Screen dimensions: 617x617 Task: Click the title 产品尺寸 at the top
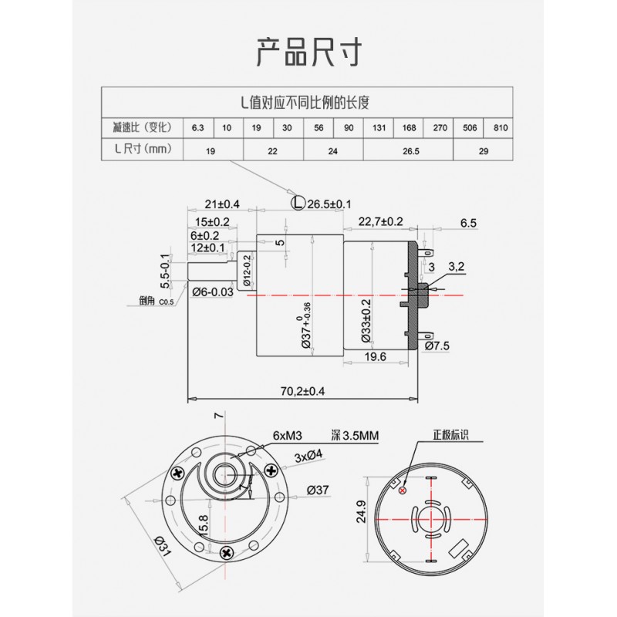(x=309, y=52)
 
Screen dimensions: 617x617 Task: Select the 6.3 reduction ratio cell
(x=198, y=128)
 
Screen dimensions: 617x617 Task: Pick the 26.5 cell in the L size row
(x=410, y=151)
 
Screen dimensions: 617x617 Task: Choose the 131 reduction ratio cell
(x=379, y=128)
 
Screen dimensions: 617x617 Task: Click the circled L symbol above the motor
(x=298, y=203)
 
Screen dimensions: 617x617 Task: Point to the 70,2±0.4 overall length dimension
(x=302, y=391)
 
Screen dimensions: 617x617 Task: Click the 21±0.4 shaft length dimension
(x=222, y=204)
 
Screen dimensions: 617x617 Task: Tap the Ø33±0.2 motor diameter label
(x=366, y=320)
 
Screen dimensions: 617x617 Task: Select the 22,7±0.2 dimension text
(x=380, y=221)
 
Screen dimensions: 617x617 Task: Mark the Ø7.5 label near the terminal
(x=437, y=346)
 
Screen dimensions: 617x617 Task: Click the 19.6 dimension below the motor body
(x=375, y=357)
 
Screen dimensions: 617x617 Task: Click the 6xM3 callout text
(x=287, y=436)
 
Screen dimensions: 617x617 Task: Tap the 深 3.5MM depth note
(x=355, y=436)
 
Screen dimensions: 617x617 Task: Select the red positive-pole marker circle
(x=403, y=491)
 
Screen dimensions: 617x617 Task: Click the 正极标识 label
(x=450, y=435)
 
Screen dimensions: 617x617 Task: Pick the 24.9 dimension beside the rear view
(x=361, y=511)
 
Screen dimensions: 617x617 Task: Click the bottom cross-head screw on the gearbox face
(x=227, y=553)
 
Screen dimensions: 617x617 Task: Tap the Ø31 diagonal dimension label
(x=163, y=546)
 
